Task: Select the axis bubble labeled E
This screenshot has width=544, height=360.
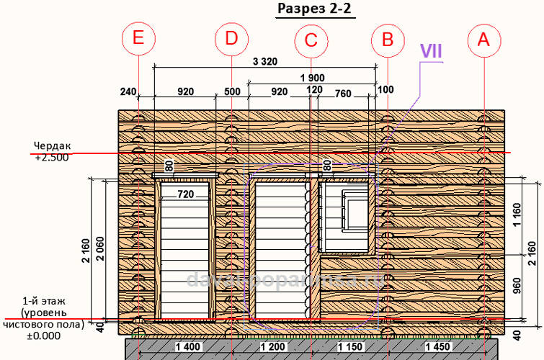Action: tap(138, 40)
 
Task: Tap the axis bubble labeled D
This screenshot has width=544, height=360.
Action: tap(231, 40)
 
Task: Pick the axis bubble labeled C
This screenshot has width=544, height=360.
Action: tap(311, 40)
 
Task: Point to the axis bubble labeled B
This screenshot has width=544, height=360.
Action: tap(388, 40)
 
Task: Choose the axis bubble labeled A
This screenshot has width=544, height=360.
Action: tap(483, 40)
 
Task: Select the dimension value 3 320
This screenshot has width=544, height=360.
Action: tap(264, 62)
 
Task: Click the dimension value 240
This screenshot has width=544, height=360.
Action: tap(128, 91)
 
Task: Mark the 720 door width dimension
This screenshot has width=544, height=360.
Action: tap(186, 194)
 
